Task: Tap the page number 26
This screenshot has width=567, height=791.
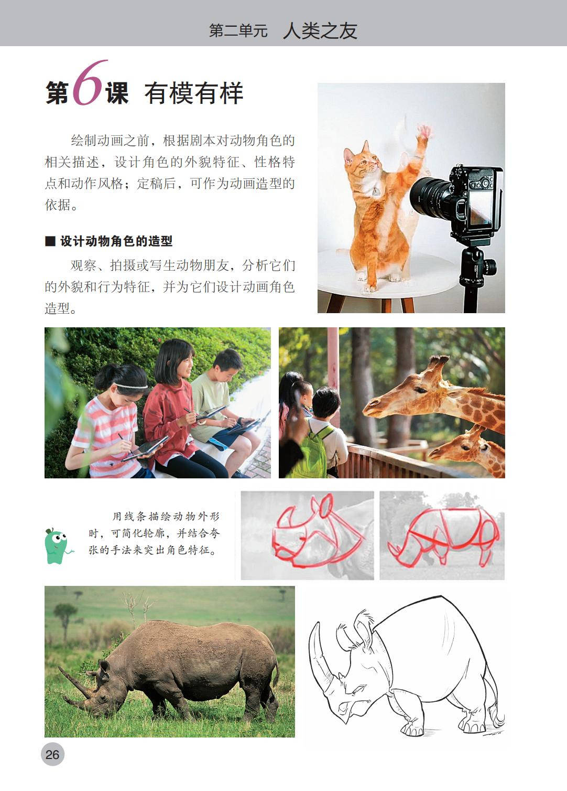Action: tap(52, 754)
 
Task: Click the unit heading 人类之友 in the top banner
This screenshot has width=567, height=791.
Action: tap(320, 30)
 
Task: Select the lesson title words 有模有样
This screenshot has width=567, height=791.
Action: tap(194, 93)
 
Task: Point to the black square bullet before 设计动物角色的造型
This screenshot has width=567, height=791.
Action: tap(50, 241)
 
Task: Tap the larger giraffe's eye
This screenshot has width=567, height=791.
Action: tap(420, 390)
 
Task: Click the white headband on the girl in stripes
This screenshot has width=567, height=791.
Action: tap(131, 386)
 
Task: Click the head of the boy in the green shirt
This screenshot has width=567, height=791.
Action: tap(227, 364)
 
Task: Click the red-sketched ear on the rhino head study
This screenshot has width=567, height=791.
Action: tap(326, 506)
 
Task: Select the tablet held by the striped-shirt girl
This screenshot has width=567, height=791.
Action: tap(145, 448)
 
